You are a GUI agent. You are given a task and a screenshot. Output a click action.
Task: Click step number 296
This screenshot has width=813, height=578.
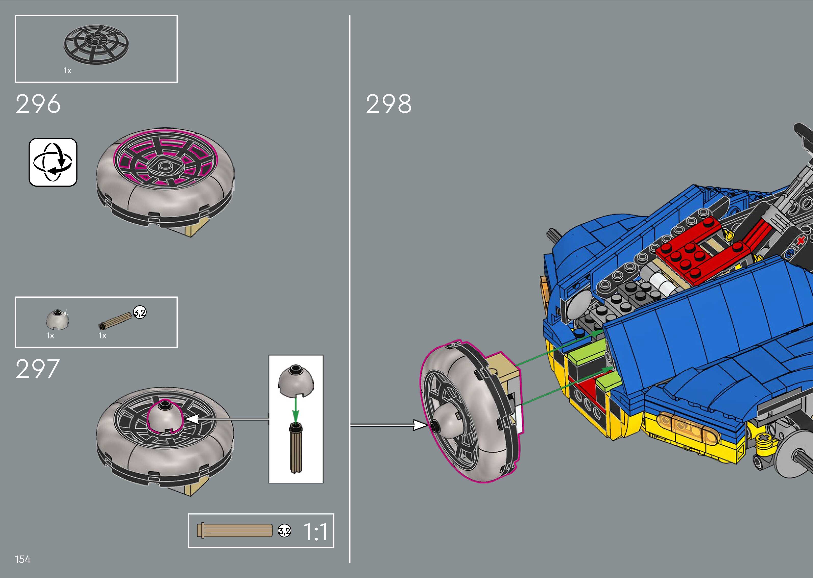(x=38, y=104)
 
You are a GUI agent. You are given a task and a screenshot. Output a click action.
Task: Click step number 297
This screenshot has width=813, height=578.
(x=37, y=369)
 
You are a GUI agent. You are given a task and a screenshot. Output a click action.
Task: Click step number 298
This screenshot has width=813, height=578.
(x=389, y=104)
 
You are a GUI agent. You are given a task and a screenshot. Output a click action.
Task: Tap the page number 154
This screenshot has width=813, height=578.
(x=23, y=559)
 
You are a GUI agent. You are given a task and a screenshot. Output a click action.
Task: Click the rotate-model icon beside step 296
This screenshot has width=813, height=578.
(x=53, y=162)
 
